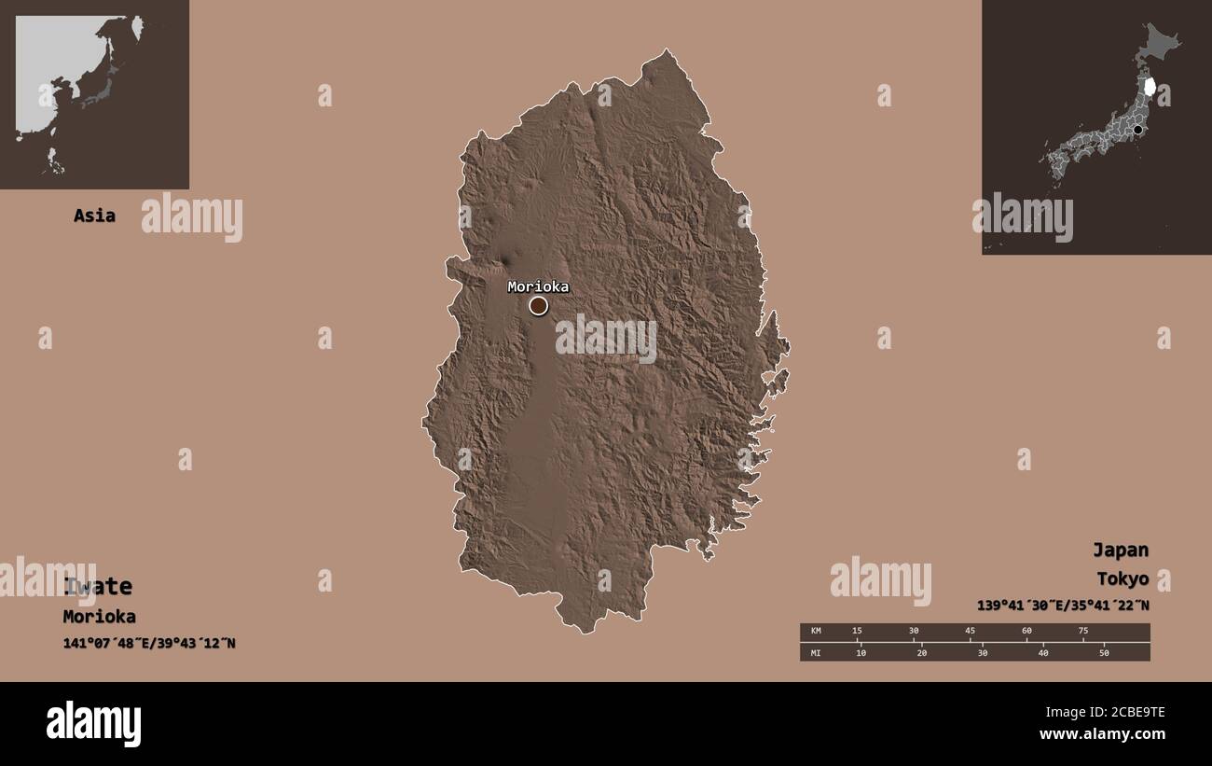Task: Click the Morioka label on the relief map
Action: [538, 286]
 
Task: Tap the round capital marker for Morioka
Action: [539, 306]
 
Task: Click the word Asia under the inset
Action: [94, 216]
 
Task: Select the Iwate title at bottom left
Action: [98, 587]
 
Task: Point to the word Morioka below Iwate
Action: [99, 617]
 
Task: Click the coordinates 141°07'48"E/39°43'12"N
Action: [149, 643]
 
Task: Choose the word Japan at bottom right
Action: [1121, 550]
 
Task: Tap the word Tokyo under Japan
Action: [1122, 579]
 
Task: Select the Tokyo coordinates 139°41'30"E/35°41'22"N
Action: [1063, 605]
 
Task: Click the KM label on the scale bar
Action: [815, 632]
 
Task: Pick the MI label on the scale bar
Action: [815, 652]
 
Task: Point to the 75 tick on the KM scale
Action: [1082, 632]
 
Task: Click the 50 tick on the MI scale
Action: [1103, 652]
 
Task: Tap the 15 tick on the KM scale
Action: [857, 632]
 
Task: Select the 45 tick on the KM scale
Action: [970, 632]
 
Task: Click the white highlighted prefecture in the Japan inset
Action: [1150, 87]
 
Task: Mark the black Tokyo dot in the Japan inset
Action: [1137, 130]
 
